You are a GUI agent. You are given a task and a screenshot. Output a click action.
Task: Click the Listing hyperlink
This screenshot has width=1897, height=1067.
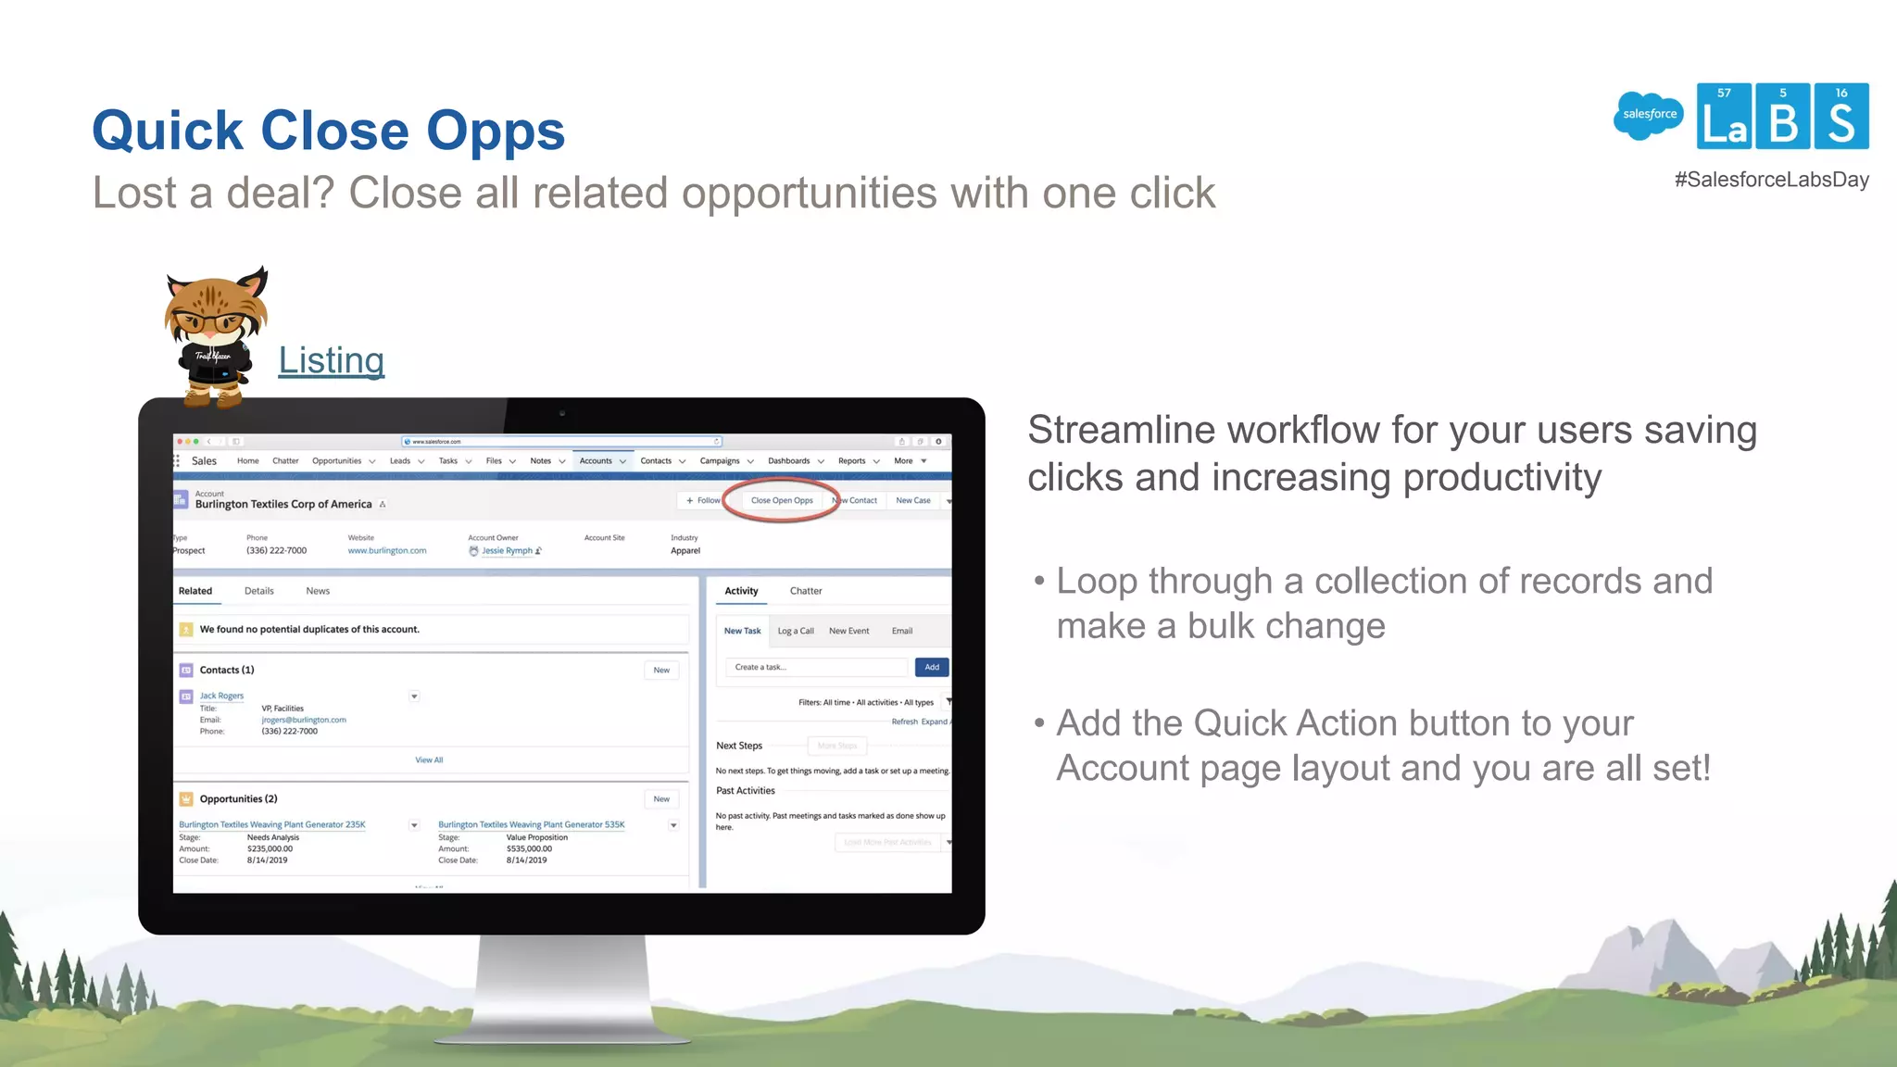coord(331,360)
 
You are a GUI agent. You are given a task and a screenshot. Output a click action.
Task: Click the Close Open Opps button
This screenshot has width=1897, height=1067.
coord(782,500)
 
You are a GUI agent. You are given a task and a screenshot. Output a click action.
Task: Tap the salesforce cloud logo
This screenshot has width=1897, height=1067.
coord(1649,115)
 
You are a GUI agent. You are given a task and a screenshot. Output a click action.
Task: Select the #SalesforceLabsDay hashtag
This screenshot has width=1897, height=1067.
coord(1771,180)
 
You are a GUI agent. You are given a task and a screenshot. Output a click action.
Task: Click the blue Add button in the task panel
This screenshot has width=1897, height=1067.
coord(931,667)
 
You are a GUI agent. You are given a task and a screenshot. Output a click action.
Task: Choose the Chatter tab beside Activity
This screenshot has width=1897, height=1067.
coord(805,591)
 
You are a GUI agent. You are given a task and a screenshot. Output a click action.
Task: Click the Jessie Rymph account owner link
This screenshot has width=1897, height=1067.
coord(507,550)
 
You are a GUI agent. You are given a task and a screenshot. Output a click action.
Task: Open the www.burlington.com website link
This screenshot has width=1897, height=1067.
coord(387,550)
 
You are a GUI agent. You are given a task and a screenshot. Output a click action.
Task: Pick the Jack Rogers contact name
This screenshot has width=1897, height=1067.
coord(221,696)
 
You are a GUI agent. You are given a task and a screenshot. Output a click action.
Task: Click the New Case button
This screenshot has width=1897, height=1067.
coord(912,500)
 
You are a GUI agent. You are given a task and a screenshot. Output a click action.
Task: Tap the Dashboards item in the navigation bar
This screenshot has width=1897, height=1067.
coord(788,461)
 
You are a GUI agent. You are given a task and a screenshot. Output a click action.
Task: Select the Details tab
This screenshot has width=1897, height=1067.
coord(258,591)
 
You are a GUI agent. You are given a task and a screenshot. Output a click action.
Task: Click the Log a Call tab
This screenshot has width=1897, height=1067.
coord(795,631)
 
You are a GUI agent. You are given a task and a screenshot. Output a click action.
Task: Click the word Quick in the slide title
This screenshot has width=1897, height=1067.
coord(168,131)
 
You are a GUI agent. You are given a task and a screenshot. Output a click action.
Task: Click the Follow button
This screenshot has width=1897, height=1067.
coord(703,500)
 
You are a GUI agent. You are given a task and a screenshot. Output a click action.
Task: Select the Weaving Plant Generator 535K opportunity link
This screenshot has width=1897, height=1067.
coord(531,824)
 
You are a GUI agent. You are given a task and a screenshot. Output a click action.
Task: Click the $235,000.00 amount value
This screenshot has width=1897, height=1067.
coord(270,848)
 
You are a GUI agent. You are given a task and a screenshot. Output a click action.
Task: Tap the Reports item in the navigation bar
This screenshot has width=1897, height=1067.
coord(851,461)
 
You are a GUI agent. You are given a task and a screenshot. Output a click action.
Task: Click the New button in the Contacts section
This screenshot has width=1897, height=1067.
coord(660,670)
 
